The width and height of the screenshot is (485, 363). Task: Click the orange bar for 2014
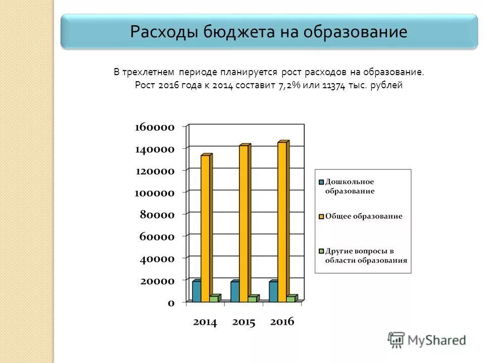(205, 227)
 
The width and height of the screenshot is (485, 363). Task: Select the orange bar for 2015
(244, 222)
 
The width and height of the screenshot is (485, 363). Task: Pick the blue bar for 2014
(196, 291)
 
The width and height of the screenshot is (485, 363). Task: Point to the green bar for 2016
(290, 298)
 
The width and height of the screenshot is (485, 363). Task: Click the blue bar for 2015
(235, 291)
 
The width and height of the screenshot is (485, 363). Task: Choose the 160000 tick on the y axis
(155, 127)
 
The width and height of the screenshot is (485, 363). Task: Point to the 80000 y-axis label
(157, 215)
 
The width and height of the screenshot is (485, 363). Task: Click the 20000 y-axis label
(157, 281)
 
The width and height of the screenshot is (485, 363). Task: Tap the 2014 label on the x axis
(205, 322)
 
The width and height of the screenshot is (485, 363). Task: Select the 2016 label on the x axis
(281, 322)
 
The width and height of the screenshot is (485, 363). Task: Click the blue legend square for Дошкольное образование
(321, 182)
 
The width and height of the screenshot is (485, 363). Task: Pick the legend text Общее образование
(363, 216)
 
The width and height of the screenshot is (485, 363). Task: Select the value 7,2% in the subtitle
(289, 85)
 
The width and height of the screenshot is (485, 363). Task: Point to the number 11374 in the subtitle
(333, 85)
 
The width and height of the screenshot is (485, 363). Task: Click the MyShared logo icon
(397, 340)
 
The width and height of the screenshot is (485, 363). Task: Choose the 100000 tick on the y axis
(155, 193)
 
